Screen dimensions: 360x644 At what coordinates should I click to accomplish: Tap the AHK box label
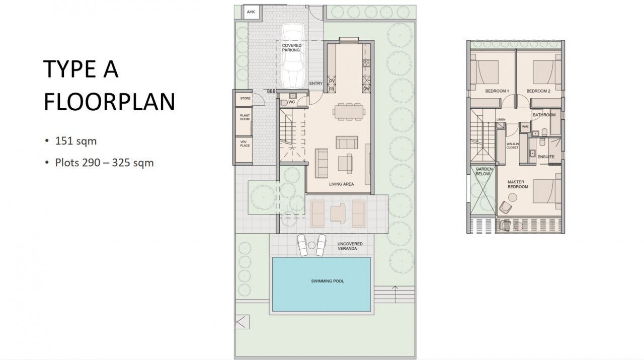point(250,12)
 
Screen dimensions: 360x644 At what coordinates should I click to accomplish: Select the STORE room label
point(245,98)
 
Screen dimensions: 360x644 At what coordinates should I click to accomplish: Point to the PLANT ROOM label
point(245,117)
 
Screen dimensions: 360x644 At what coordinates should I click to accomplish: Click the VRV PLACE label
point(245,144)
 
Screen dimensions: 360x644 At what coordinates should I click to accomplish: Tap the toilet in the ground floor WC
point(284,103)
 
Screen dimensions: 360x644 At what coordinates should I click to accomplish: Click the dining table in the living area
point(347,110)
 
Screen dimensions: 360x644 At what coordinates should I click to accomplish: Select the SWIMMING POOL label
point(327,281)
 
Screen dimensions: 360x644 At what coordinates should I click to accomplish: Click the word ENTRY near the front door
point(316,84)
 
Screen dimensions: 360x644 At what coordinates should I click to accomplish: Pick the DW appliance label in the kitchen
point(366,89)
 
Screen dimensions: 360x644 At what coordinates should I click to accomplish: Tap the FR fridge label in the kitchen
point(332,89)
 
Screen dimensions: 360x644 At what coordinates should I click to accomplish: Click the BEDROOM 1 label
point(497,91)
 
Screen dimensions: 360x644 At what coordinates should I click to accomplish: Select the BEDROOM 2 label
point(538,91)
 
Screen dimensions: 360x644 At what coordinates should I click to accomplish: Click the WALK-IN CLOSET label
point(512,146)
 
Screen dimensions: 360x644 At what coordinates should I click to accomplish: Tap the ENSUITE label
point(546,157)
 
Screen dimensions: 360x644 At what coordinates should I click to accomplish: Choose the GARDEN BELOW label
point(484,171)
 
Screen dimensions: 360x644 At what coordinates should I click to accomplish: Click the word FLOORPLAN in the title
point(109,102)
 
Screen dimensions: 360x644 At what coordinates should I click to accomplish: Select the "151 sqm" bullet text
point(75,141)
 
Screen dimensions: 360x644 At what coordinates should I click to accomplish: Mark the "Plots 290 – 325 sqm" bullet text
point(104,163)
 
